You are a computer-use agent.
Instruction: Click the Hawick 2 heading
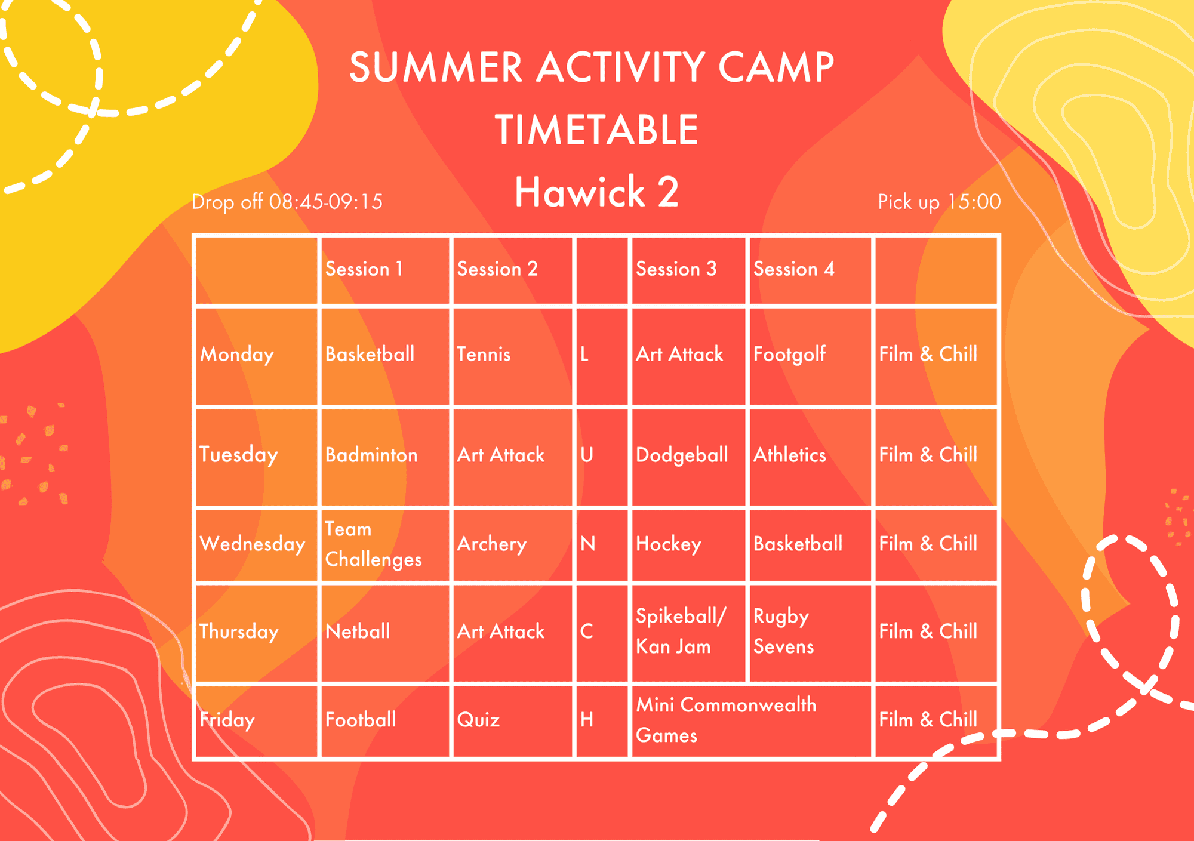coord(596,192)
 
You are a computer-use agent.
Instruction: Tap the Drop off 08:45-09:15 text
coord(287,202)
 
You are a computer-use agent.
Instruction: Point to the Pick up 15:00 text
coord(939,202)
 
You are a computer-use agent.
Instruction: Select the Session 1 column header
coord(364,269)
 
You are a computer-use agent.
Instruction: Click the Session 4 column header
coord(794,269)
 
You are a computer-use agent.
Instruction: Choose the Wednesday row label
coord(253,544)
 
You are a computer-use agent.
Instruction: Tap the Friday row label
coord(227,720)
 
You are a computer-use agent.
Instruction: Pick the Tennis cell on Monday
coord(484,355)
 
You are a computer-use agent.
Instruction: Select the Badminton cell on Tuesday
coord(371,455)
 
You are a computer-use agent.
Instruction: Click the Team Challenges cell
coord(374,544)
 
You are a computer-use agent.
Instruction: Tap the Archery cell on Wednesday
coord(492,544)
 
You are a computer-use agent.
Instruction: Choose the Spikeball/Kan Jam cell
coord(681,631)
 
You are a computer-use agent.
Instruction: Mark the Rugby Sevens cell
coord(784,631)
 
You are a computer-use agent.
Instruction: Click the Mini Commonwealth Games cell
coord(726,720)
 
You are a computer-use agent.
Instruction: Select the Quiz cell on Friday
coord(478,720)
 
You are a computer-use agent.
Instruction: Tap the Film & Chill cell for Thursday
coord(928,631)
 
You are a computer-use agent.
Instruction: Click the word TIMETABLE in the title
coord(596,130)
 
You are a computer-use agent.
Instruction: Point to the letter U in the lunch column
coord(587,455)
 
